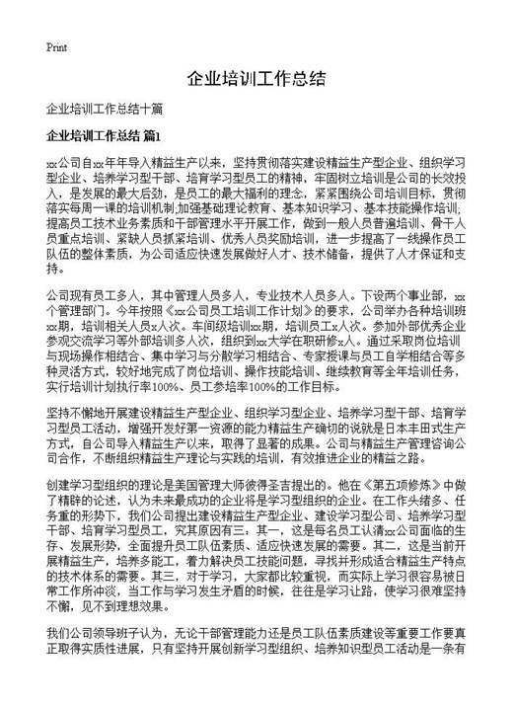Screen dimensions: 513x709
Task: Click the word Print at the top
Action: (56, 47)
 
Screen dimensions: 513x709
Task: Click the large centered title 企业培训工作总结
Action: (256, 78)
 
